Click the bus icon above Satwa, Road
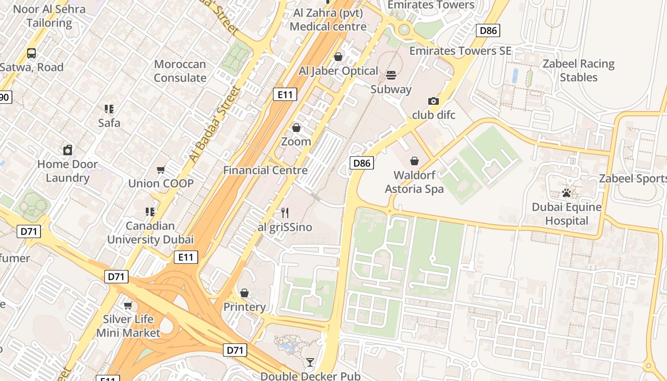[x=31, y=53]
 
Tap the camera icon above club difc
[x=433, y=101]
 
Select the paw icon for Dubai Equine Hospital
[x=566, y=193]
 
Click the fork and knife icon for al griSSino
[x=285, y=213]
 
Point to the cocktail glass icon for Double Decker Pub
[x=310, y=362]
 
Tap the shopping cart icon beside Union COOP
[x=161, y=170]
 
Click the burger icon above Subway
[x=391, y=75]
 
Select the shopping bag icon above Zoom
[x=296, y=128]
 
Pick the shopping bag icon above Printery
[x=244, y=293]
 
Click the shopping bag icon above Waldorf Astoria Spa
[x=414, y=161]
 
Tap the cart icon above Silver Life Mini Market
[x=128, y=305]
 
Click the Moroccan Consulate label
[x=180, y=71]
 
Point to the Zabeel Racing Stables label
[x=578, y=70]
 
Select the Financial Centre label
[x=265, y=170]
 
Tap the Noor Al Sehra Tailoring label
[x=49, y=16]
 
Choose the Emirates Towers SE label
[x=460, y=51]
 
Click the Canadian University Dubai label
[x=150, y=232]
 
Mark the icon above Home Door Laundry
[x=68, y=150]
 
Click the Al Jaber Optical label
[x=338, y=71]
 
